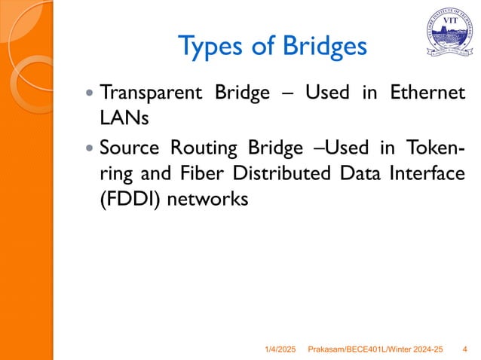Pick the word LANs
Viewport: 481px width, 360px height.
tap(124, 118)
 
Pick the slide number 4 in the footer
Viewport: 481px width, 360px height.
tap(463, 349)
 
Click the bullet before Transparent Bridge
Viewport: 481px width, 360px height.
tap(90, 96)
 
